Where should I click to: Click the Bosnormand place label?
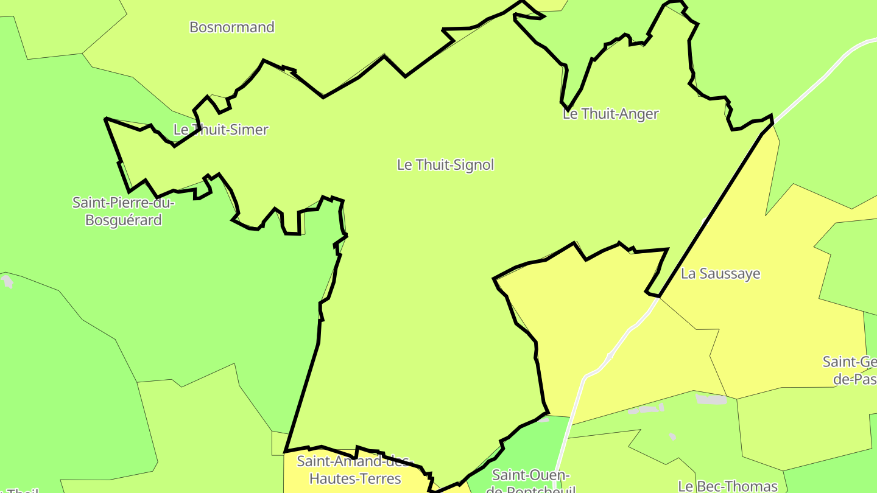(x=232, y=27)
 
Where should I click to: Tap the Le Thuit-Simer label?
(x=220, y=130)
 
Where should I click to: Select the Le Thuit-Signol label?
(x=445, y=165)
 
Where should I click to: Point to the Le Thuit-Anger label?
(x=611, y=114)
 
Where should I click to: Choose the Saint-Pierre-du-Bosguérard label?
(x=124, y=211)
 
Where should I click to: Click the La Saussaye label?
(x=720, y=274)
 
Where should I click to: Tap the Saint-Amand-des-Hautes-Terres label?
(x=355, y=469)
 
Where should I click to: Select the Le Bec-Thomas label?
(x=728, y=486)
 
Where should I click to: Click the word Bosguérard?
(x=124, y=220)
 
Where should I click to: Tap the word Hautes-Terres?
(x=355, y=479)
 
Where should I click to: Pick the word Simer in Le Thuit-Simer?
(x=248, y=130)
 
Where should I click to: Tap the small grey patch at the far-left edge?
(x=7, y=281)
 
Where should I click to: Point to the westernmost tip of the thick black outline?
(x=106, y=119)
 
